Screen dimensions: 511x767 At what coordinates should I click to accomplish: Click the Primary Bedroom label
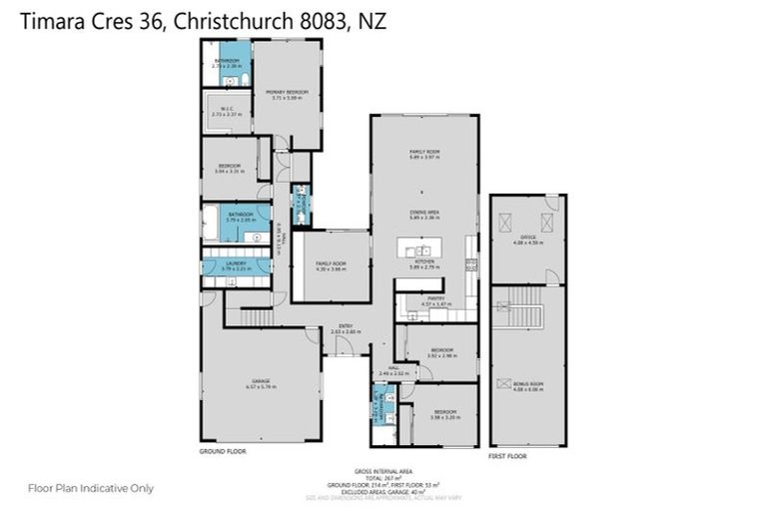tap(286, 94)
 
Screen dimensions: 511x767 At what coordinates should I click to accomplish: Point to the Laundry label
tap(235, 265)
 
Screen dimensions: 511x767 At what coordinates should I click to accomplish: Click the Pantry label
tap(435, 299)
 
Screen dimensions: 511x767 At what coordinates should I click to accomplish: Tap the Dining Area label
tap(424, 214)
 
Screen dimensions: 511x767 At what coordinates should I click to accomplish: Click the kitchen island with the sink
tap(423, 250)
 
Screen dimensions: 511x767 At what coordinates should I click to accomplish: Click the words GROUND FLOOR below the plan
tap(223, 451)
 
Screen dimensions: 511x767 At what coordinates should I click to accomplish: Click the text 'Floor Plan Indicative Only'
tap(91, 488)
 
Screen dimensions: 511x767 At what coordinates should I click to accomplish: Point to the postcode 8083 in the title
tap(315, 20)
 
